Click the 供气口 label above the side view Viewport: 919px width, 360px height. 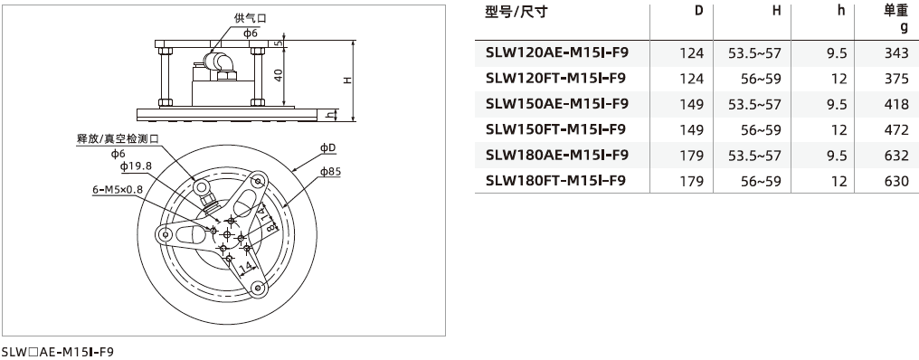tap(251, 18)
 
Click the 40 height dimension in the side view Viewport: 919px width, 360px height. tap(279, 74)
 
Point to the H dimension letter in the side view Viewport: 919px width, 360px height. tap(347, 81)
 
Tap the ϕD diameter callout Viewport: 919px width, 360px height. tap(328, 148)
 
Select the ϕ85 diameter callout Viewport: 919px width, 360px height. tap(330, 172)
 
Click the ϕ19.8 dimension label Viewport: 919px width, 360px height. tap(136, 166)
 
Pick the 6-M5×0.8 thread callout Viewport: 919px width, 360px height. tap(118, 189)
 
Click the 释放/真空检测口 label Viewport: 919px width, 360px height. tap(118, 139)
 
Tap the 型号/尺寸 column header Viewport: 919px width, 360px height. tap(516, 12)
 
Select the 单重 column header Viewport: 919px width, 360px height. tap(895, 12)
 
